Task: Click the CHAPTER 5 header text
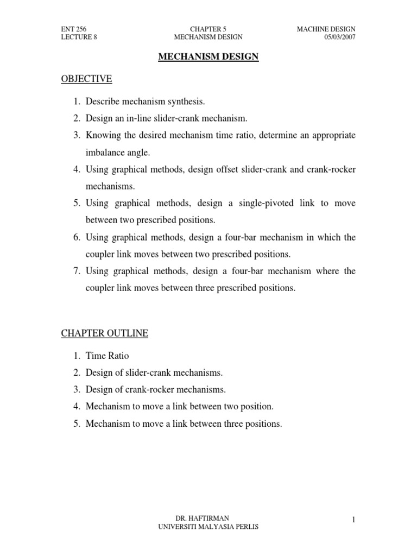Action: [208, 28]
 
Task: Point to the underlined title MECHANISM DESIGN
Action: [208, 56]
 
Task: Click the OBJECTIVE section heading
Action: [86, 79]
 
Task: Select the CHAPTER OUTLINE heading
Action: [104, 333]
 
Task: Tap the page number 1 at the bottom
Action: [353, 520]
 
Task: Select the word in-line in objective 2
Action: [152, 118]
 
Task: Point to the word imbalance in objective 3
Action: [105, 152]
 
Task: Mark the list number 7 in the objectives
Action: [77, 271]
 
